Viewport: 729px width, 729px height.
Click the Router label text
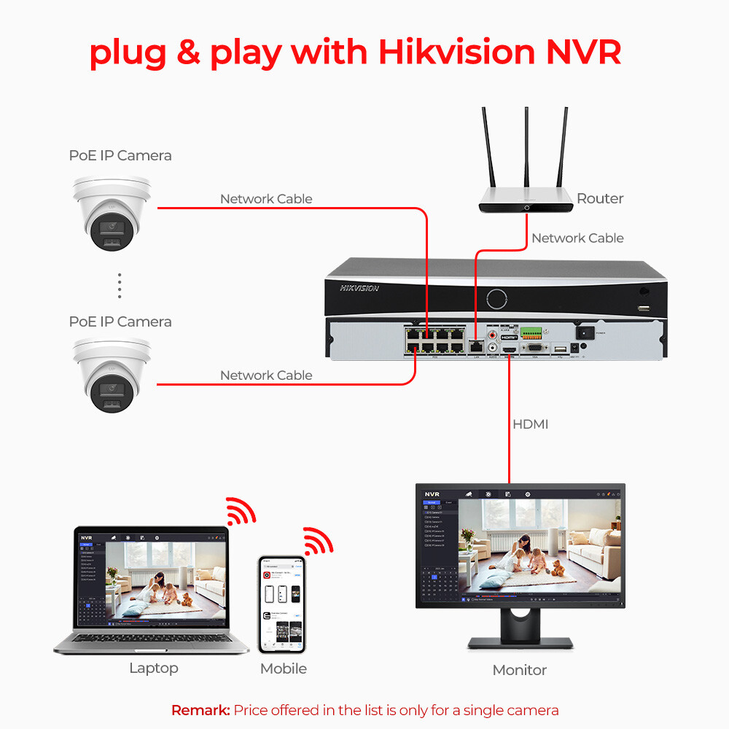pos(600,198)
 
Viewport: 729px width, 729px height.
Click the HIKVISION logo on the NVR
pos(359,288)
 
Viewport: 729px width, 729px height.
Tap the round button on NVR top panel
pos(496,298)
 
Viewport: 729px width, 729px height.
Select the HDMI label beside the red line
pos(530,424)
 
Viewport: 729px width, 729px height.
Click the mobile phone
pos(281,604)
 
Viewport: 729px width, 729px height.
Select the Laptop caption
pos(153,668)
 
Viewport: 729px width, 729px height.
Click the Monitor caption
pos(519,669)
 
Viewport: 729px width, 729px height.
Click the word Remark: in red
pos(200,709)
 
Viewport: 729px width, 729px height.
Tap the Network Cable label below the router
pos(577,238)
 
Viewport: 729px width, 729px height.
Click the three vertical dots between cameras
pos(120,286)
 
